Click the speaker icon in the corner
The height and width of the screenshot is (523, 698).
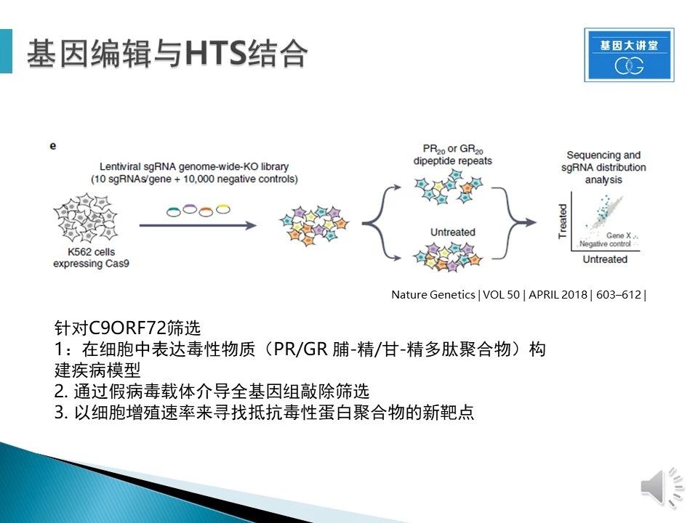click(662, 487)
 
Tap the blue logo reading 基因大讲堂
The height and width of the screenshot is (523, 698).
click(629, 54)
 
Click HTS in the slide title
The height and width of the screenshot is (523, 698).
click(216, 53)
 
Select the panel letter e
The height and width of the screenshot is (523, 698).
click(53, 146)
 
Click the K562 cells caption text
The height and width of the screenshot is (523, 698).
click(92, 257)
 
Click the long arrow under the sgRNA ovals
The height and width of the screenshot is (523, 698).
click(198, 225)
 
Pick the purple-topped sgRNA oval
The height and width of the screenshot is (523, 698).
click(190, 208)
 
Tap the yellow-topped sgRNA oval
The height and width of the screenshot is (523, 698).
click(223, 208)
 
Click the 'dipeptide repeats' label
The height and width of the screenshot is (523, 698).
click(453, 161)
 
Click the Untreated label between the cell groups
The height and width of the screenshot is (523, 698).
click(453, 232)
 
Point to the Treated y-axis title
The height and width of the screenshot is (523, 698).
click(563, 222)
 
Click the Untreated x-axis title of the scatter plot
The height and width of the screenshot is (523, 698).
click(605, 259)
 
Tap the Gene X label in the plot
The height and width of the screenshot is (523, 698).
click(618, 235)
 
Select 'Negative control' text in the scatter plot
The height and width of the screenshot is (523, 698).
click(605, 244)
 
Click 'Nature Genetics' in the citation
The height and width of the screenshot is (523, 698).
click(433, 294)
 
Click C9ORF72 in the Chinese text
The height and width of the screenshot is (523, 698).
click(127, 328)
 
